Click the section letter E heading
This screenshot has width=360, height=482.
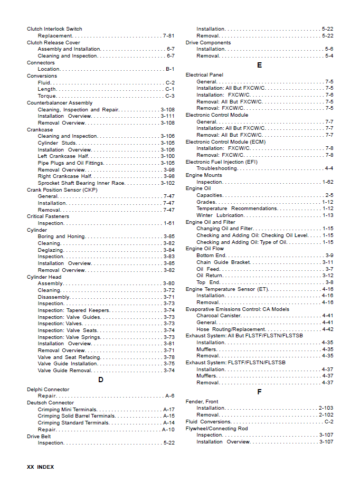click(x=259, y=65)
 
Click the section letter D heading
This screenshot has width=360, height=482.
click(x=101, y=380)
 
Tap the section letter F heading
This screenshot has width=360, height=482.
click(x=259, y=392)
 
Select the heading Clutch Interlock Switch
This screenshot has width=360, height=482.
click(x=54, y=29)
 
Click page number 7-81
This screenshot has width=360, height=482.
click(x=168, y=36)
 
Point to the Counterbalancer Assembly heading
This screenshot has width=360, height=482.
click(x=60, y=103)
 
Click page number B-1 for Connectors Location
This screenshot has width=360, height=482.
click(x=170, y=69)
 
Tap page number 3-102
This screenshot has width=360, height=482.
click(x=168, y=183)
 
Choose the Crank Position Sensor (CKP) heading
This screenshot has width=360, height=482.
click(x=62, y=190)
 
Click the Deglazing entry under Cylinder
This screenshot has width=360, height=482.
click(x=51, y=250)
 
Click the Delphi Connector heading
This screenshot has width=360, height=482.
click(x=48, y=390)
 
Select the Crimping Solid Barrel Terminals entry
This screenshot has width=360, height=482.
click(x=77, y=416)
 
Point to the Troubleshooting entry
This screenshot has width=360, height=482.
click(x=217, y=168)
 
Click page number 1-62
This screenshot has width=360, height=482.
click(x=328, y=182)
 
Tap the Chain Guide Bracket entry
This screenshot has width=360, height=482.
click(x=223, y=262)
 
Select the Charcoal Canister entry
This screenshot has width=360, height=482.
click(x=219, y=316)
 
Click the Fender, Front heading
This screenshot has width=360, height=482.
click(x=202, y=402)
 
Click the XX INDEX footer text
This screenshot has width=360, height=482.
click(x=41, y=467)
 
